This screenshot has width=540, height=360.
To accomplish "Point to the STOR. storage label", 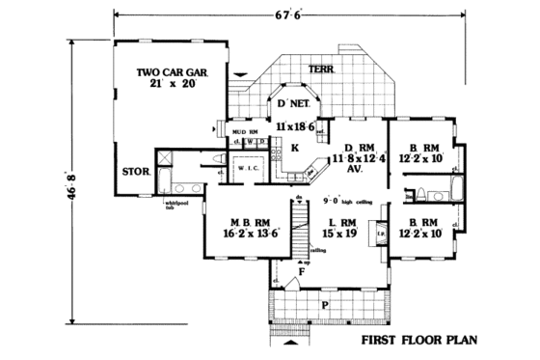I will tap(135, 175).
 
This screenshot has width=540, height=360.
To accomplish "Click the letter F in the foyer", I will tap(302, 273).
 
